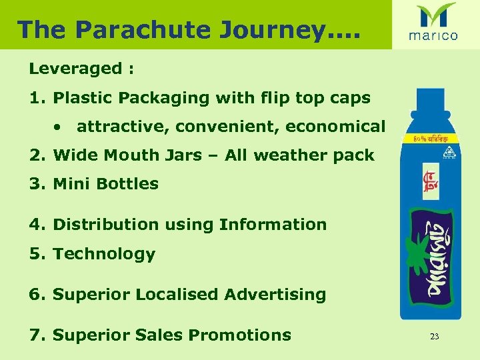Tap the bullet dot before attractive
click(x=59, y=126)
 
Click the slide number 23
click(x=434, y=337)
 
